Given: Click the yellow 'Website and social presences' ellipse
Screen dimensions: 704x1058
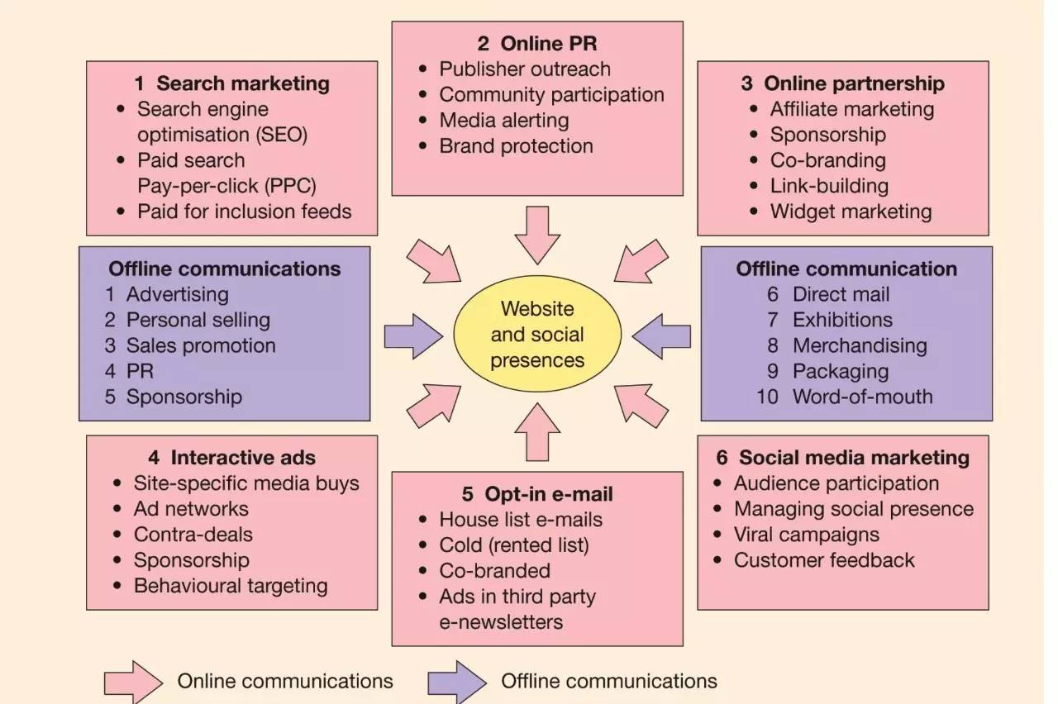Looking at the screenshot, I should pos(537,335).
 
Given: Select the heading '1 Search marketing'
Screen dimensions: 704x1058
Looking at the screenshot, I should pos(232,83).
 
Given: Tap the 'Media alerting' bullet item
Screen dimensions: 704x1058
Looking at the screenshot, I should pos(504,120).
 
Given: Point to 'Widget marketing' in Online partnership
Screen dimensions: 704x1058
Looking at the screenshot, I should pos(851,212).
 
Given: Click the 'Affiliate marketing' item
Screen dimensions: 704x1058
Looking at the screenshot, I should pos(852,109).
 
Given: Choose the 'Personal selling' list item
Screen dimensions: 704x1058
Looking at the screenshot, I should pos(198,320).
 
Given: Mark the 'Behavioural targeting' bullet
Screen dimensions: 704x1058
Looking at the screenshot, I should pos(231,586).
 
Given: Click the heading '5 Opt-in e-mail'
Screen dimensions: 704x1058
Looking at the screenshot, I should pos(537,494).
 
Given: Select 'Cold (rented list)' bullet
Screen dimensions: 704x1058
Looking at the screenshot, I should pos(514,545).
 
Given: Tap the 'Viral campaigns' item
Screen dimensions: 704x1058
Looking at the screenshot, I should pos(806,535).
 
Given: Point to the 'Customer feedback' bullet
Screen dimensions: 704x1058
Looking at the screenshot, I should pos(824,560).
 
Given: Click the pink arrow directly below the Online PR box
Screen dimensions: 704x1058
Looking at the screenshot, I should pos(537,234).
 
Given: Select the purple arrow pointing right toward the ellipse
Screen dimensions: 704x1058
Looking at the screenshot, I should pos(414,336).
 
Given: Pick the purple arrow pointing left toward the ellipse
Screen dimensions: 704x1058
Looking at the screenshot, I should pos(661,336).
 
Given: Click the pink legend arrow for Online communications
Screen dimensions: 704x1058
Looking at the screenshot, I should pos(133,682).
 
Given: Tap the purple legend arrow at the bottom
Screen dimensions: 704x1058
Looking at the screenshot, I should pos(457,682).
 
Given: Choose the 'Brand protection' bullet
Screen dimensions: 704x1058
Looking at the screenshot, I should pos(516,146).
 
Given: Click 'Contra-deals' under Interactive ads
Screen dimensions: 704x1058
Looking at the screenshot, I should pos(193,535).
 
